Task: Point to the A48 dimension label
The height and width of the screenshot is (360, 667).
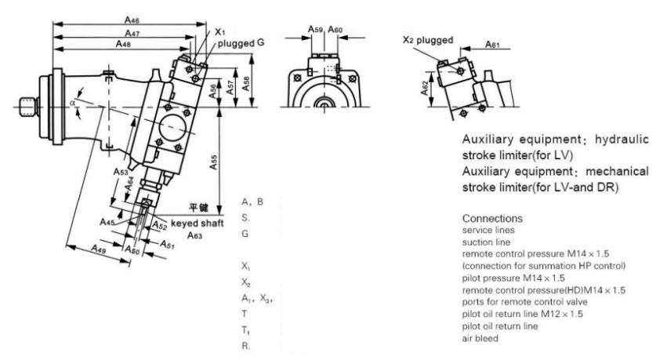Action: tap(124, 45)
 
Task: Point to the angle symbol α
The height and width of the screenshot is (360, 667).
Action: tap(73, 103)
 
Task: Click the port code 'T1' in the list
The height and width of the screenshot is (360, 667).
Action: tap(246, 328)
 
